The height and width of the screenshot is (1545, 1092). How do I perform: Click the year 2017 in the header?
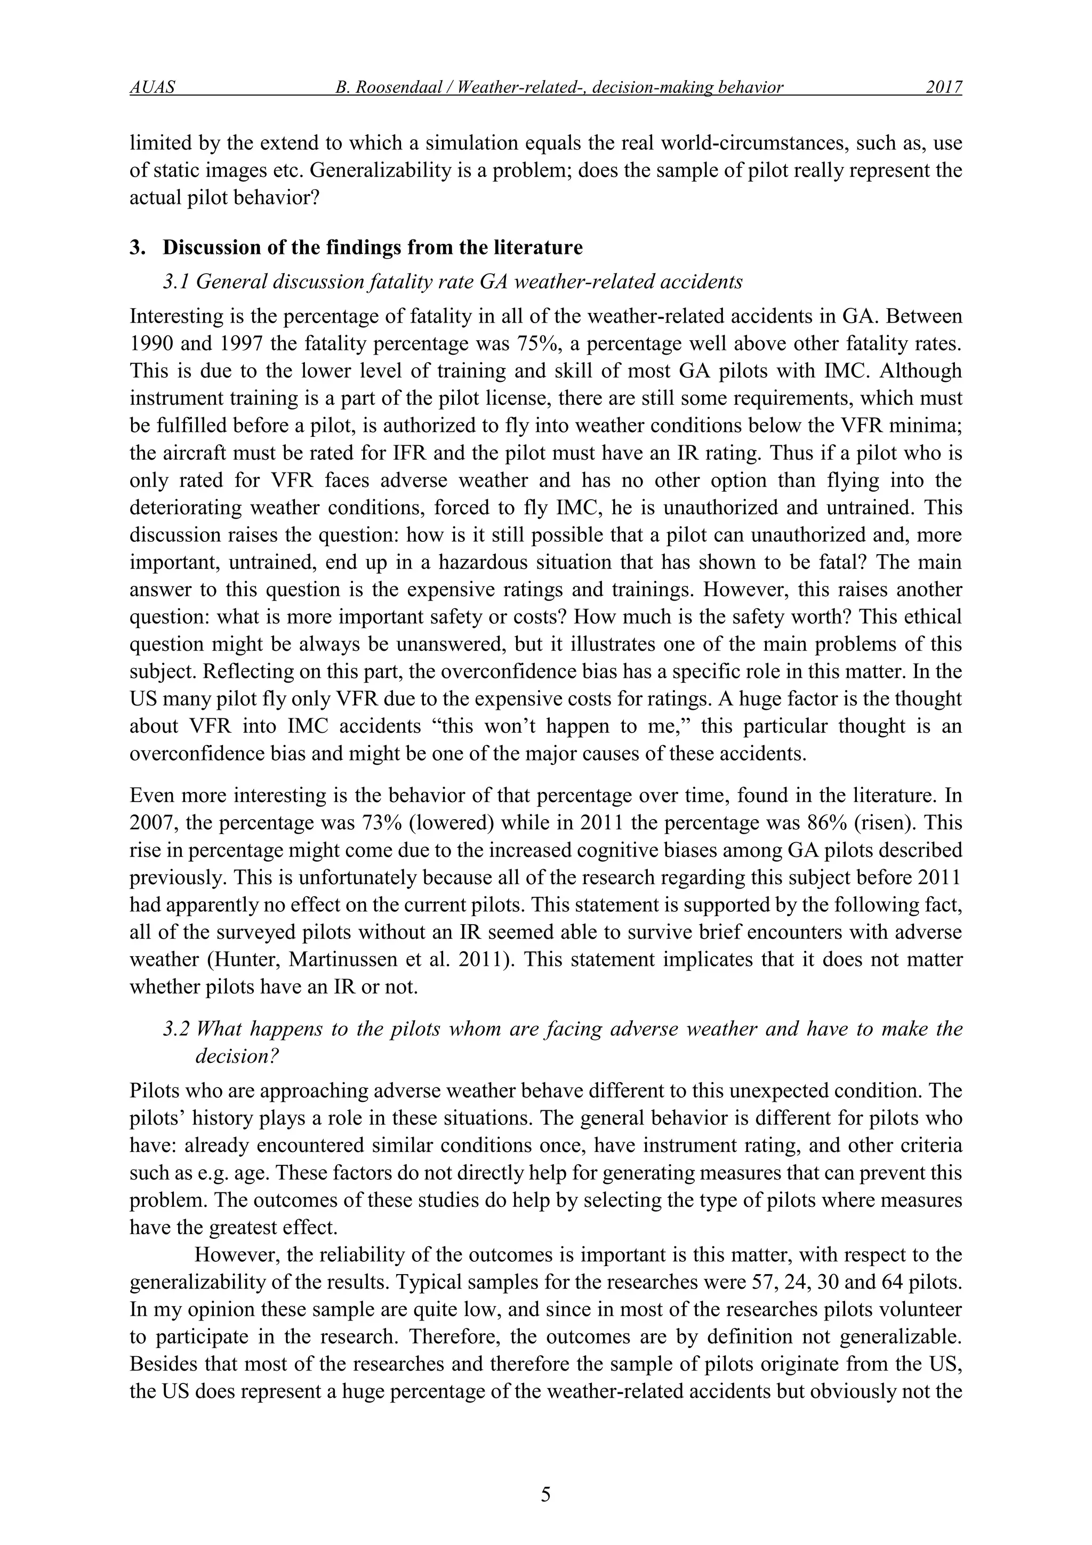tap(943, 87)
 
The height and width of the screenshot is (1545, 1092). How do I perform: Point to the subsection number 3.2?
tap(176, 1028)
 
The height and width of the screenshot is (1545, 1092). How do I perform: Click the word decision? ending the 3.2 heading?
tap(236, 1056)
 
